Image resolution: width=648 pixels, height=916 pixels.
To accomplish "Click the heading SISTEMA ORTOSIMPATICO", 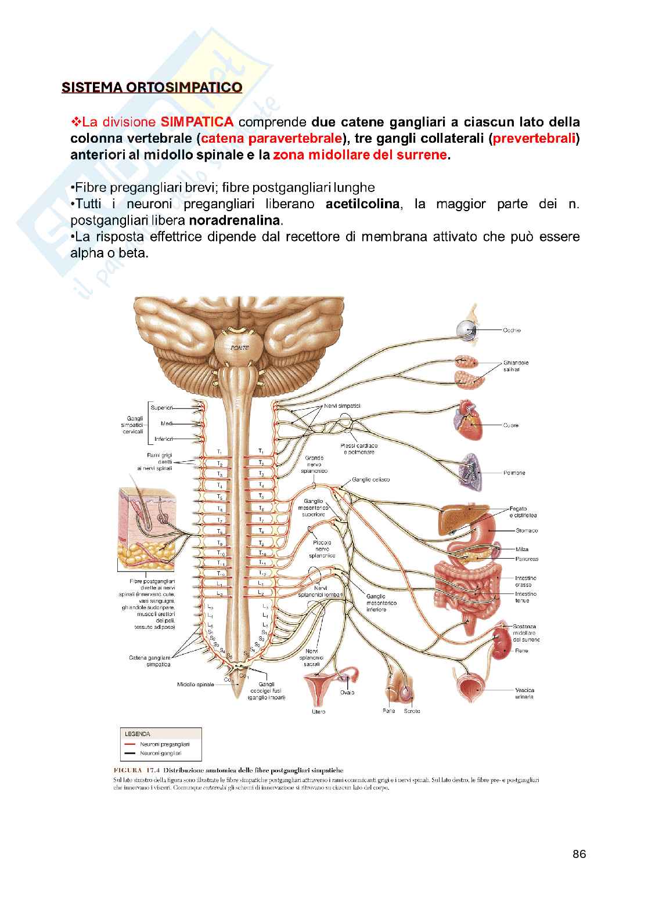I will click(x=152, y=88).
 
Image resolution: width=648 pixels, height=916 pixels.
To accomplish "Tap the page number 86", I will click(x=578, y=854).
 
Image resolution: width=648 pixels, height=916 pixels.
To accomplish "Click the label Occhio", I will click(x=512, y=330).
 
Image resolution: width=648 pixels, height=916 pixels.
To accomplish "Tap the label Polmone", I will click(x=514, y=473).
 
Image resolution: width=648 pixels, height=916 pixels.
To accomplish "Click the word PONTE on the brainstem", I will click(x=238, y=347).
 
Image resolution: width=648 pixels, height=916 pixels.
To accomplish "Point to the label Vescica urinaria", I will click(x=524, y=693).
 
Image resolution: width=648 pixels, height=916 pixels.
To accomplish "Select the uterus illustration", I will click(x=322, y=689).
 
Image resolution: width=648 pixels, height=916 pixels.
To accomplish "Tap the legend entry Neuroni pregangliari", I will click(x=165, y=744).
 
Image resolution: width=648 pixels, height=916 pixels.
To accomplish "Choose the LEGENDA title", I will click(x=137, y=733).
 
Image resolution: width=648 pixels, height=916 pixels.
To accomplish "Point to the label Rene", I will click(x=521, y=650).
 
